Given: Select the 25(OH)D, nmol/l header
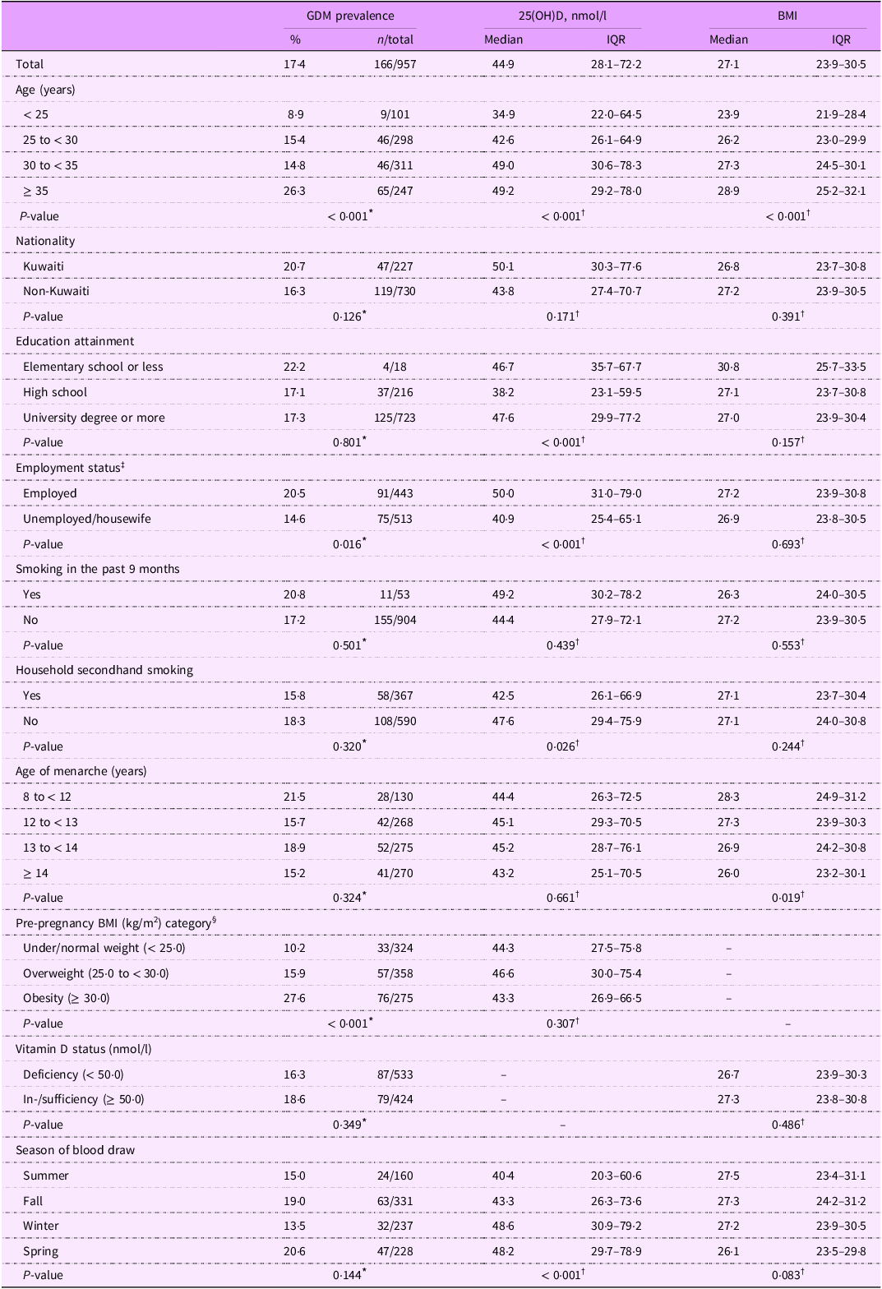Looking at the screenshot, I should point(561,16).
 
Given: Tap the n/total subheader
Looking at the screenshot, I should point(395,39).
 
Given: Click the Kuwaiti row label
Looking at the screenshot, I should point(44,266).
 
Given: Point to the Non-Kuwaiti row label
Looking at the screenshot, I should point(56,291).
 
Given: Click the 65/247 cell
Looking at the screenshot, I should point(395,191).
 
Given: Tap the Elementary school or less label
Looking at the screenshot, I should point(93,367).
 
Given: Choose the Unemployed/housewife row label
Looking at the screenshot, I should point(87,519).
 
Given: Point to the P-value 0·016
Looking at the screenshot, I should point(348,544).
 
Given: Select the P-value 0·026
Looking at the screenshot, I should point(561,746).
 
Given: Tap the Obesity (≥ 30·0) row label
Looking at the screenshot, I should point(67,998).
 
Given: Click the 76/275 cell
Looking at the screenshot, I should point(395,998).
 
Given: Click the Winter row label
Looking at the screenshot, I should point(41,1226).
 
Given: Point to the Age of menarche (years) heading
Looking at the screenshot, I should point(81,771).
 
